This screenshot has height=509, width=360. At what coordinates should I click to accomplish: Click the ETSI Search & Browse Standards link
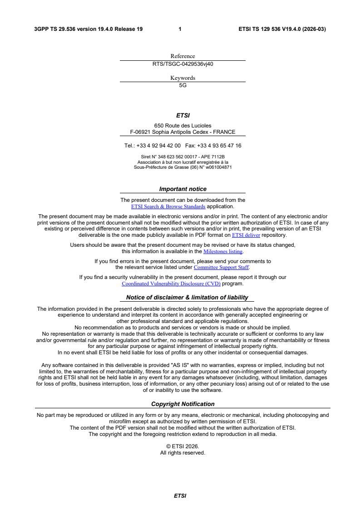(x=168, y=206)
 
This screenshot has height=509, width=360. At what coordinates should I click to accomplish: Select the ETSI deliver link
(x=246, y=235)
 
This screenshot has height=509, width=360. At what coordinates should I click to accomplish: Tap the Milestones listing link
(x=223, y=251)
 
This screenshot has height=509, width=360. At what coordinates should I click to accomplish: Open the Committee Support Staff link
(x=221, y=267)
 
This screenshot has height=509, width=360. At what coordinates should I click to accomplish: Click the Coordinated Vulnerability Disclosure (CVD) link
(x=171, y=284)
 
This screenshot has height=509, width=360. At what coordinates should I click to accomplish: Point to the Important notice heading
(x=182, y=189)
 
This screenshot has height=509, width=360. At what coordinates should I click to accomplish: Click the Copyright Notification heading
(x=182, y=404)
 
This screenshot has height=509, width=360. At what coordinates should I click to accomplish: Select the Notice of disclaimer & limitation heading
(x=187, y=298)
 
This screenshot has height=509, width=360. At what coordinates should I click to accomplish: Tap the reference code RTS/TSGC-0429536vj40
(x=182, y=64)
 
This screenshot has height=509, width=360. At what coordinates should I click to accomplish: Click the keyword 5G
(x=182, y=85)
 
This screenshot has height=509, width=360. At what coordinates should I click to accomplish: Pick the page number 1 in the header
(x=180, y=29)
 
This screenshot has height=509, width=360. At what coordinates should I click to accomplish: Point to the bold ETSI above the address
(x=182, y=116)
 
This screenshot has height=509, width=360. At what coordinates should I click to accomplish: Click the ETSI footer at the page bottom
(x=180, y=496)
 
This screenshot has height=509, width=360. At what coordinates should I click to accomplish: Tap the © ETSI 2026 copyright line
(x=182, y=446)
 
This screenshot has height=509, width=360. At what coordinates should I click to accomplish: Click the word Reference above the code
(x=182, y=56)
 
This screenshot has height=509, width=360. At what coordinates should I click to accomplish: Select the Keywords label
(x=182, y=78)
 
